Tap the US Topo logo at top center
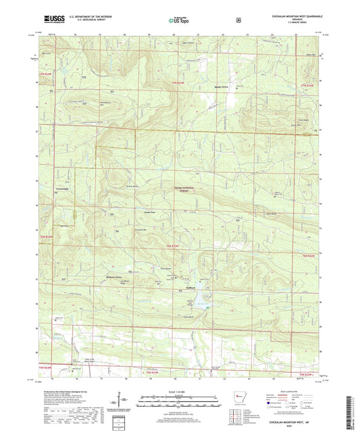tap(179, 21)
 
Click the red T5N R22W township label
tap(305, 374)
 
